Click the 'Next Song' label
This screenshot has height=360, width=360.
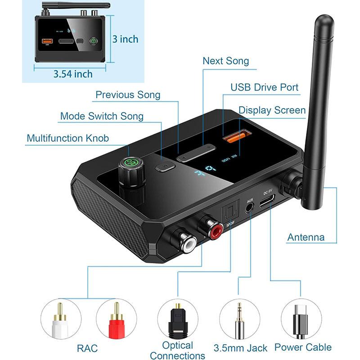225,61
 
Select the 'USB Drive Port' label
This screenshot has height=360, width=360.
264,87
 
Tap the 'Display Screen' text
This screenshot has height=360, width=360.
272,110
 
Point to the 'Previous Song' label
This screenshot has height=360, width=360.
128,94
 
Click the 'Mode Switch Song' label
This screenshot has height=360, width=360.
102,116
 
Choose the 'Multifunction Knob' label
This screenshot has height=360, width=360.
67,138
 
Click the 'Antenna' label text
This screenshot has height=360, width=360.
306,237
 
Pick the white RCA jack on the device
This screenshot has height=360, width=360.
185,242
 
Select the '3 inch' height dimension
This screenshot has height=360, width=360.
126,39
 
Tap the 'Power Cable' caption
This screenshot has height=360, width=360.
303,347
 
